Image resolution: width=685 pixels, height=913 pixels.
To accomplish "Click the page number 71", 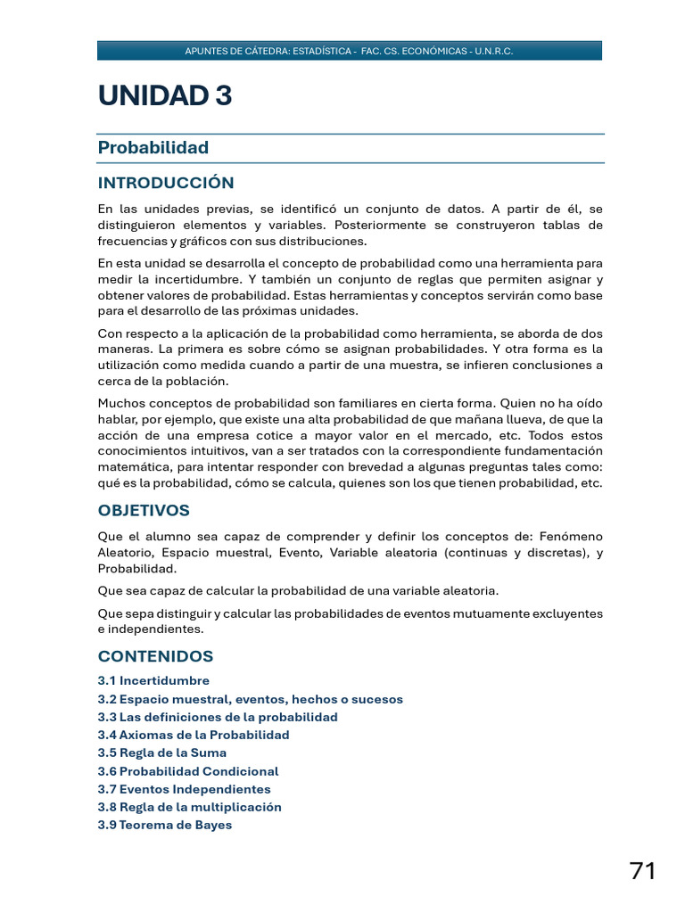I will [x=642, y=871].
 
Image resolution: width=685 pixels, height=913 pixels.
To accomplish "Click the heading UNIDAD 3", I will [x=165, y=96].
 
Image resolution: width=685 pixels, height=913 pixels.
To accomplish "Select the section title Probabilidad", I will [x=153, y=148].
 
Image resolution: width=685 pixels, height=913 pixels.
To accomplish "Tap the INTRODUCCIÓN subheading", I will [x=166, y=183].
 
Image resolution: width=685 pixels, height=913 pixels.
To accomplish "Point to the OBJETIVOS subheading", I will [x=144, y=511].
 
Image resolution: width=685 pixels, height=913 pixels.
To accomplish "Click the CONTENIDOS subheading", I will [x=155, y=656].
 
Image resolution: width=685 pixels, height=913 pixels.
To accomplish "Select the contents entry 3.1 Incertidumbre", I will [x=153, y=681].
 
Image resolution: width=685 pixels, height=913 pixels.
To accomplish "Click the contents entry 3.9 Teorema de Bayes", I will [x=164, y=825].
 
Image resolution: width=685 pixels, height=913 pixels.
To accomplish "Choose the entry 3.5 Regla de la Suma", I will [x=161, y=753].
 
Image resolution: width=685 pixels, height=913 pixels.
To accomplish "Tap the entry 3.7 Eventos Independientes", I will [x=184, y=789].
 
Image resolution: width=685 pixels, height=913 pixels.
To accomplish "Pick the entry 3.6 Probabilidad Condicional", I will [x=187, y=771].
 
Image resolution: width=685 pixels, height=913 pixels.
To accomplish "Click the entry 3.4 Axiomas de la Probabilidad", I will [x=194, y=736].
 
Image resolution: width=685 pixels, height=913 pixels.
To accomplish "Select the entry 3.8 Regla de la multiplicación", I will [x=189, y=807].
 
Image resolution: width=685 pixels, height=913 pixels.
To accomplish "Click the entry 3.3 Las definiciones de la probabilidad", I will [x=218, y=717].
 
